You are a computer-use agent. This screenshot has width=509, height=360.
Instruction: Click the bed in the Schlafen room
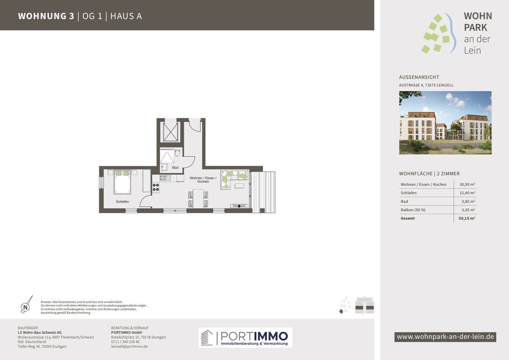[122, 182]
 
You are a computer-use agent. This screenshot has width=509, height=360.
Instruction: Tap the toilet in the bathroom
[177, 153]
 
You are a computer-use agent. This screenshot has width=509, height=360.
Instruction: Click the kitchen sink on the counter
[165, 178]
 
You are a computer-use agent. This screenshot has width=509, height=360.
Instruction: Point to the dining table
[198, 198]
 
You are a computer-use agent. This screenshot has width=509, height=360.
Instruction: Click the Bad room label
[175, 167]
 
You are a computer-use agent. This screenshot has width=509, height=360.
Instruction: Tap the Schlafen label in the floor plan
[122, 201]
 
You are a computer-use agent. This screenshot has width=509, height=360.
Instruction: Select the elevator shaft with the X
[171, 131]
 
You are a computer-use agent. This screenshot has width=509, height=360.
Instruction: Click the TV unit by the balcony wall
[239, 206]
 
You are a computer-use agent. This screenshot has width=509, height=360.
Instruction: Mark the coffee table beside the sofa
[239, 186]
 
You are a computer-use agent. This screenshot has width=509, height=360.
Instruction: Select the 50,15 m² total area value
[467, 218]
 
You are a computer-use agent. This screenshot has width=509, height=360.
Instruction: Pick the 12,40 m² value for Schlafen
[467, 193]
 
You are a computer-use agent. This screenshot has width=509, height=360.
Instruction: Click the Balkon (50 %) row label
[413, 210]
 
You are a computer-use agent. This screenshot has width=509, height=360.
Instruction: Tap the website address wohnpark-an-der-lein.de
[445, 337]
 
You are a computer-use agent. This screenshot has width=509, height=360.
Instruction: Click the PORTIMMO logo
[246, 337]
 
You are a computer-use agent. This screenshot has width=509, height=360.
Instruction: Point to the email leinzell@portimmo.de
[129, 346]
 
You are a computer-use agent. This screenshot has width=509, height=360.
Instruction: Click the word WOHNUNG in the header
[42, 16]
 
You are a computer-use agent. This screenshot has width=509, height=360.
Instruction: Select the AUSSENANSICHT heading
[419, 77]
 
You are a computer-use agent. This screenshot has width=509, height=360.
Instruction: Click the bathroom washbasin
[164, 167]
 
